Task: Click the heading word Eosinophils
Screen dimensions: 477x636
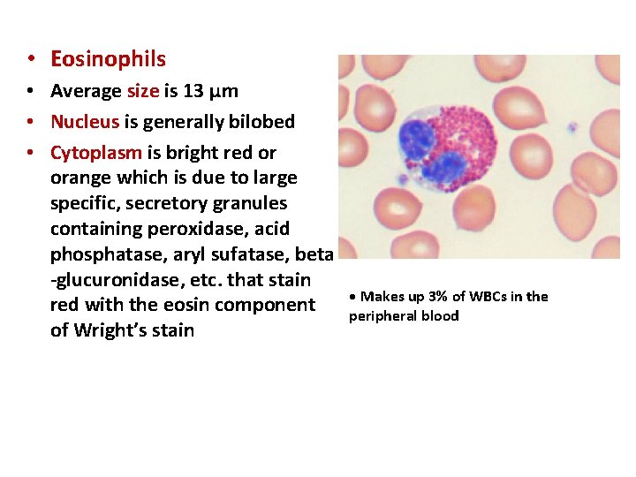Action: click(x=108, y=59)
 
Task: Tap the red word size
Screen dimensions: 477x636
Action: click(x=143, y=91)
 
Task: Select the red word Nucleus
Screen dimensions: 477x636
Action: click(x=84, y=122)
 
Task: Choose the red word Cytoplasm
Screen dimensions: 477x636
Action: click(x=95, y=153)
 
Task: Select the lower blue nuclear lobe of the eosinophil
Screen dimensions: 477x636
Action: click(x=447, y=168)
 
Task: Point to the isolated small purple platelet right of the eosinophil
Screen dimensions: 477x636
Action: click(x=571, y=127)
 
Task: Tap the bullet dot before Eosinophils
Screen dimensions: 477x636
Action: click(x=30, y=59)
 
